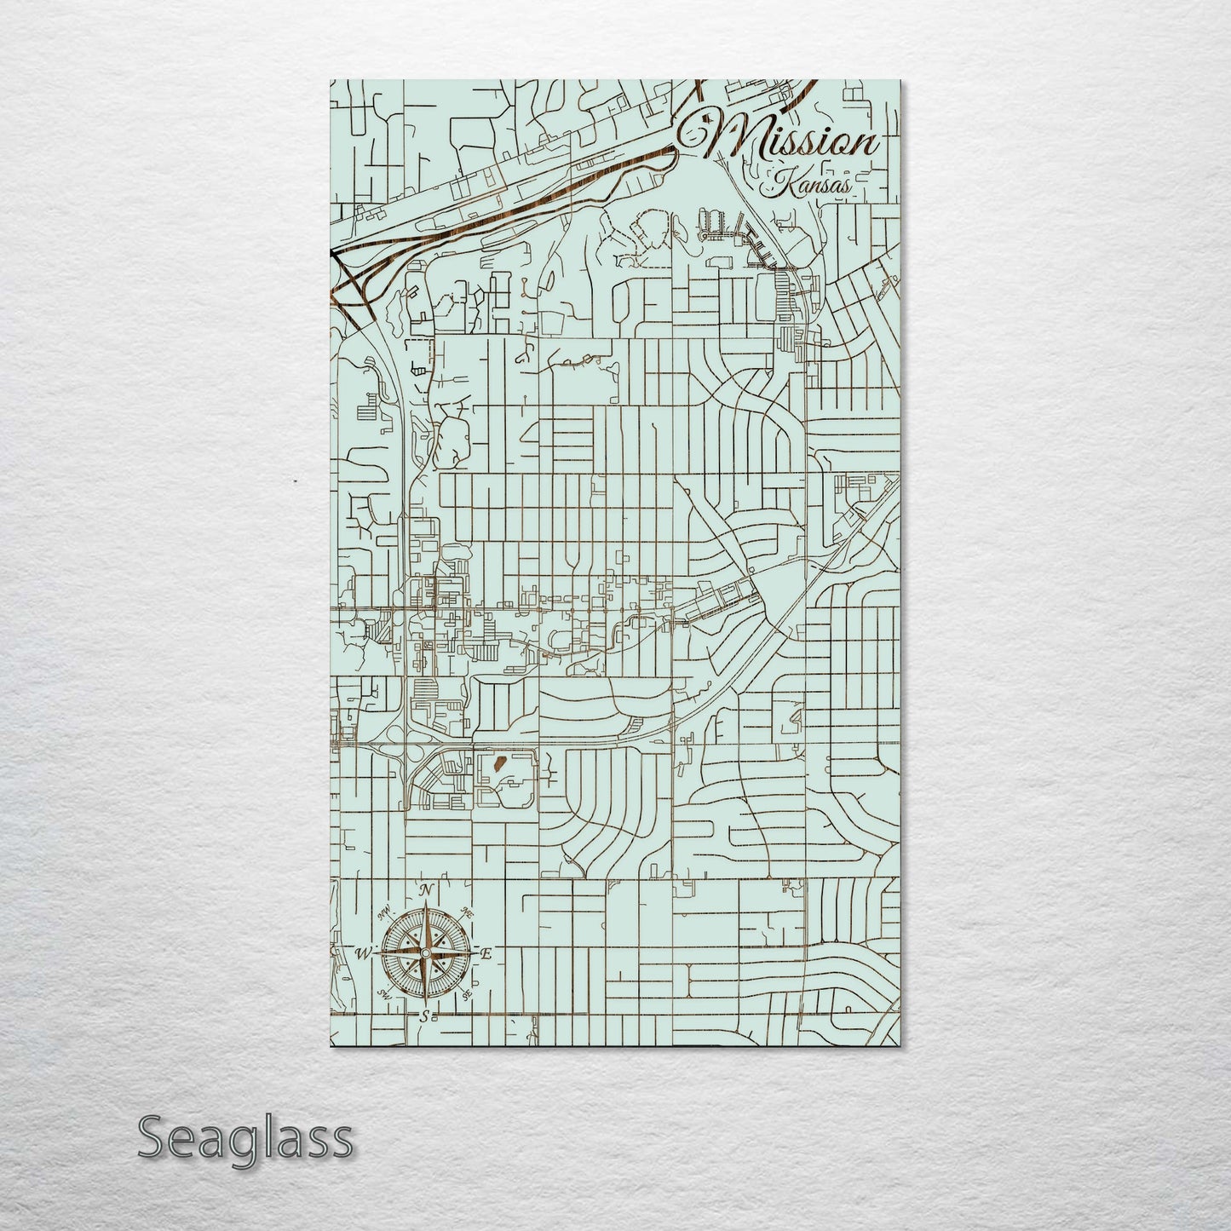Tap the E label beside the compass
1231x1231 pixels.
486,955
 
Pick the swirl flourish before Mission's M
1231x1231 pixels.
693,129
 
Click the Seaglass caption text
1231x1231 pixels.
244,1137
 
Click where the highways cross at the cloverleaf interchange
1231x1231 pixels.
403,746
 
